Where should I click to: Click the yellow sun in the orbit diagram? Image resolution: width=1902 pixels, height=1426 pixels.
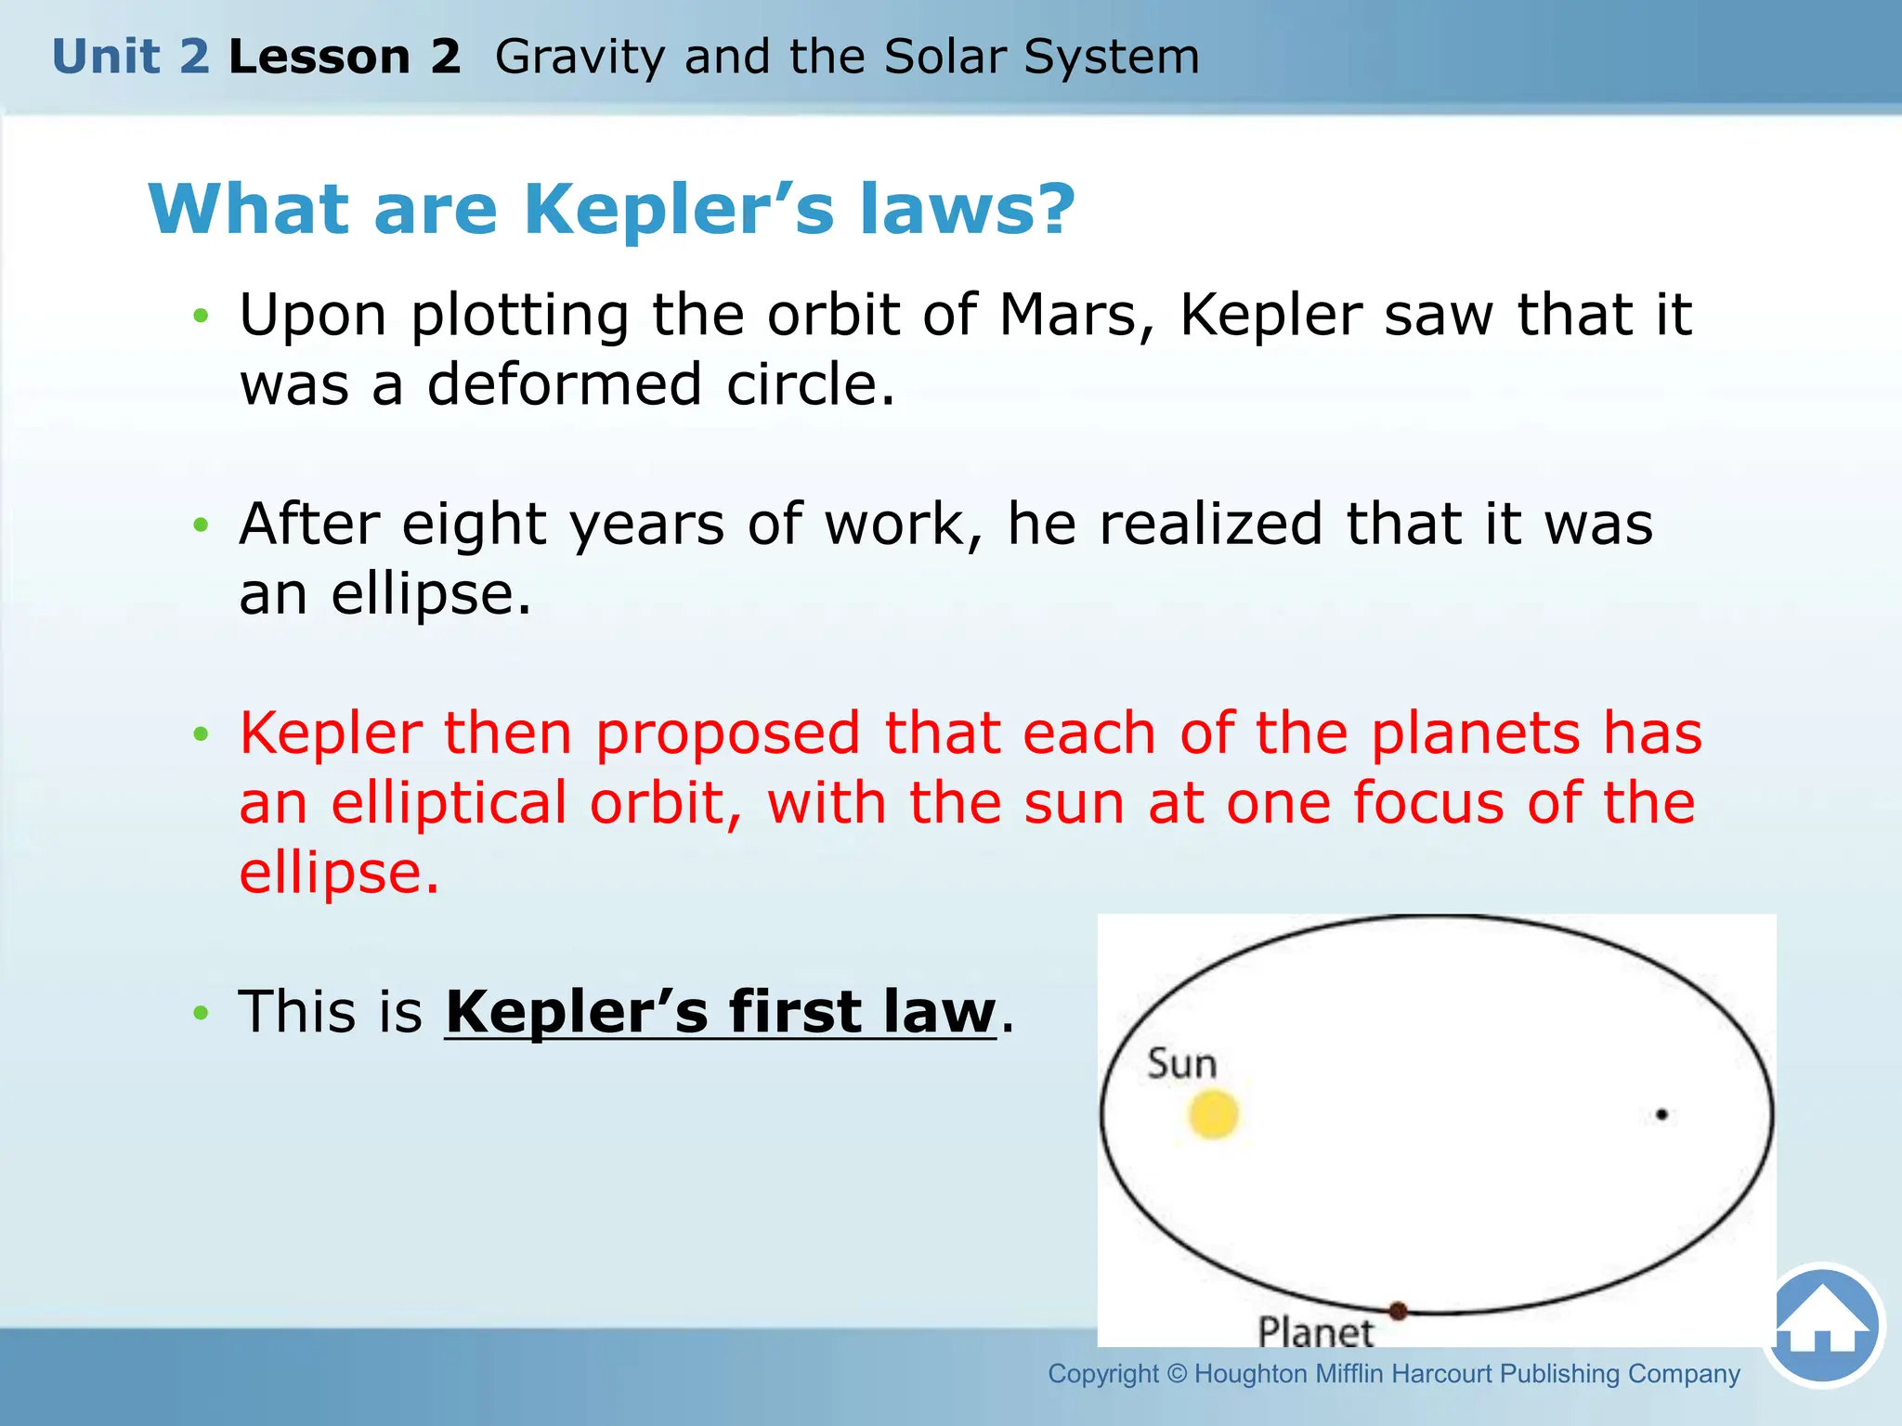click(x=1214, y=1114)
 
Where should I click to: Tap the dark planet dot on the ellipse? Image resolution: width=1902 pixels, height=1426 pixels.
click(x=1398, y=1311)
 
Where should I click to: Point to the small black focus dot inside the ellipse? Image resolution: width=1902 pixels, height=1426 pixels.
click(x=1661, y=1114)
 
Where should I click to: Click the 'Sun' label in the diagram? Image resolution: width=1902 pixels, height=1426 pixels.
click(x=1181, y=1064)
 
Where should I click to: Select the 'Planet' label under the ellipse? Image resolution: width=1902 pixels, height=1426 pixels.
click(x=1315, y=1332)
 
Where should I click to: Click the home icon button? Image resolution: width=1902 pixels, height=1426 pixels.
click(x=1822, y=1326)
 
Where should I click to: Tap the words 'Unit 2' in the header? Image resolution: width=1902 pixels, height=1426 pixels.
click(x=131, y=57)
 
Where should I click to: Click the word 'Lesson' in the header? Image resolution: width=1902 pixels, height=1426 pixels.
click(x=319, y=57)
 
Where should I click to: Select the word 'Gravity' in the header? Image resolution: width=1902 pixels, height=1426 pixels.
click(x=580, y=58)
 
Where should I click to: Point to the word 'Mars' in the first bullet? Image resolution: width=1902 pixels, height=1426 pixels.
click(x=1068, y=315)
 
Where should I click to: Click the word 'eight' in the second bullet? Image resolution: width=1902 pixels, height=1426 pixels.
click(x=473, y=525)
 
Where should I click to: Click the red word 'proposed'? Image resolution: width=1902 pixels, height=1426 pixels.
click(x=727, y=733)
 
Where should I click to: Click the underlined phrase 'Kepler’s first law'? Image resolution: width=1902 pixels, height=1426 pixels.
click(x=720, y=1011)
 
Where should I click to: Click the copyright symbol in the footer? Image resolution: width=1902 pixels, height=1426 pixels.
click(x=1177, y=1373)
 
